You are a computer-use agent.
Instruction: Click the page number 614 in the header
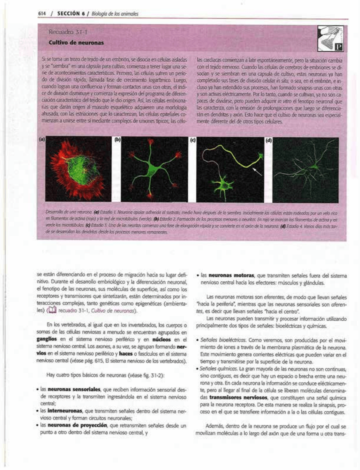[42, 14]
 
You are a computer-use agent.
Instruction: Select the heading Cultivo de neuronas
[76, 43]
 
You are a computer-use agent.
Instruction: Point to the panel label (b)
[117, 139]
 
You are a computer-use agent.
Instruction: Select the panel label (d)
[269, 140]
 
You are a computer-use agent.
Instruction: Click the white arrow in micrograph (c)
[257, 172]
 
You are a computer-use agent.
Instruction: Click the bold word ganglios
[46, 339]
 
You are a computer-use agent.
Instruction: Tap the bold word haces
[126, 354]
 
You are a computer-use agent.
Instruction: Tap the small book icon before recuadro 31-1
[53, 311]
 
